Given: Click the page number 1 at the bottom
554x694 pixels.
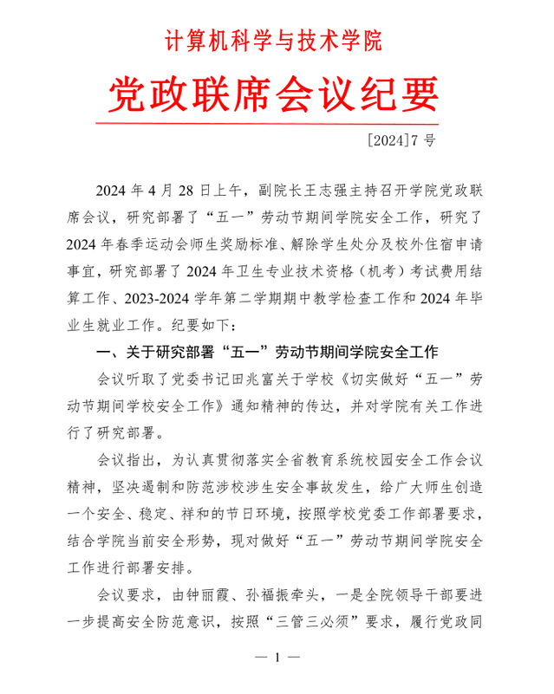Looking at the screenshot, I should tap(277, 658).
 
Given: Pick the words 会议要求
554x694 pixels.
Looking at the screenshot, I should tap(125, 596).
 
